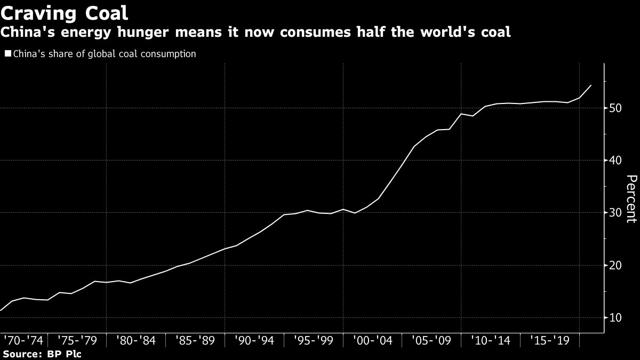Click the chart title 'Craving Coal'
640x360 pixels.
click(64, 12)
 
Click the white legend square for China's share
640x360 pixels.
click(7, 53)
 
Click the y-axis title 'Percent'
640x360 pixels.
click(630, 205)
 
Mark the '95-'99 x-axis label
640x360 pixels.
click(314, 340)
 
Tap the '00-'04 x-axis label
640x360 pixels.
click(373, 340)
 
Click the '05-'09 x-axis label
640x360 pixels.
click(432, 340)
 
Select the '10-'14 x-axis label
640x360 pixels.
click(491, 340)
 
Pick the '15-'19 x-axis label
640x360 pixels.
click(550, 340)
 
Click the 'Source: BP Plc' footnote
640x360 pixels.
click(42, 354)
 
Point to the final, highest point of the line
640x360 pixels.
click(591, 85)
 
